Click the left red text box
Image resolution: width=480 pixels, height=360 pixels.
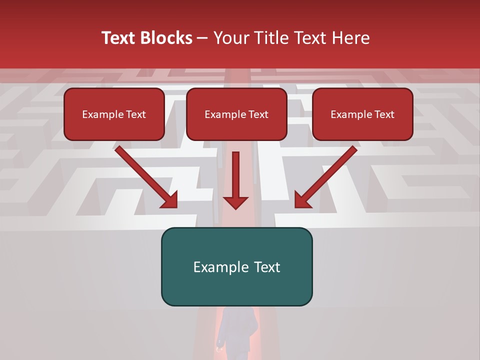click(114, 114)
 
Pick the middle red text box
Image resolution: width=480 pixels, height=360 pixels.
click(236, 114)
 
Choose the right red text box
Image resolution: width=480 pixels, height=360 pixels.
click(362, 114)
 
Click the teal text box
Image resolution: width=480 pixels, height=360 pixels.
click(236, 266)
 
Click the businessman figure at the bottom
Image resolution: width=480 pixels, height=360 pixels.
click(238, 332)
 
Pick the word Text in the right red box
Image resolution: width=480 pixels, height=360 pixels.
click(384, 114)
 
